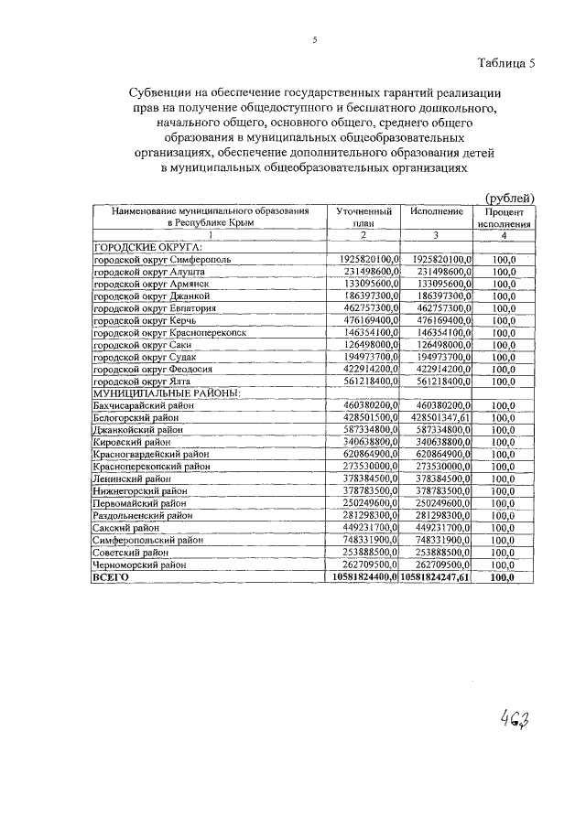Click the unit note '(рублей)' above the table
(x=508, y=198)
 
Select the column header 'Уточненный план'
(x=364, y=217)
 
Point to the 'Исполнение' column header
(x=436, y=211)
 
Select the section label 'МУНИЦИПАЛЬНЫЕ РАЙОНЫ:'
(x=165, y=392)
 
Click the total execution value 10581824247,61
(x=436, y=577)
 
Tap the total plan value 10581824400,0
(x=364, y=577)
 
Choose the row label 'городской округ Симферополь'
(x=160, y=259)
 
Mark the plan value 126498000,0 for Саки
(x=366, y=345)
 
